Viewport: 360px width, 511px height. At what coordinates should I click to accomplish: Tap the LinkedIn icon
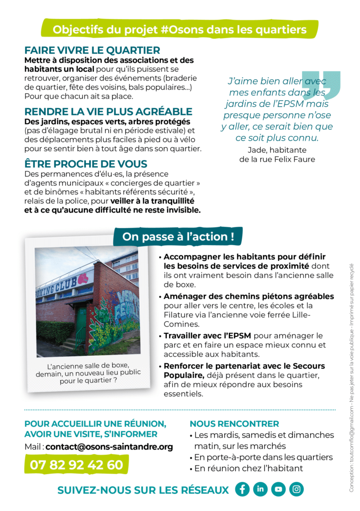click(260, 489)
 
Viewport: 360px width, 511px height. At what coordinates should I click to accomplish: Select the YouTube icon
click(278, 489)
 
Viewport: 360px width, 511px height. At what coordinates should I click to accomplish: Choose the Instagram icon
click(296, 489)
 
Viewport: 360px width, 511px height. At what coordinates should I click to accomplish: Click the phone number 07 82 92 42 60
click(76, 465)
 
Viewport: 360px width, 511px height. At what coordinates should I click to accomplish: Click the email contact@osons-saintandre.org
click(109, 447)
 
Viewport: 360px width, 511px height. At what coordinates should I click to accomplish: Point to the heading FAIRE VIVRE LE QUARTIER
click(92, 50)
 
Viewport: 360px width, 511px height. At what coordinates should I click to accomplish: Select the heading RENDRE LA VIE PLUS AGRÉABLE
click(108, 111)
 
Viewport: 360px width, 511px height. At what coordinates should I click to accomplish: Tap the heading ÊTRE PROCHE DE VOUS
click(86, 164)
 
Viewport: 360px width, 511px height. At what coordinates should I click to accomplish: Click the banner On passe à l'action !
click(178, 237)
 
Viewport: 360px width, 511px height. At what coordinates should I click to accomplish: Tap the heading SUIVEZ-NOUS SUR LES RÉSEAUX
click(143, 490)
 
